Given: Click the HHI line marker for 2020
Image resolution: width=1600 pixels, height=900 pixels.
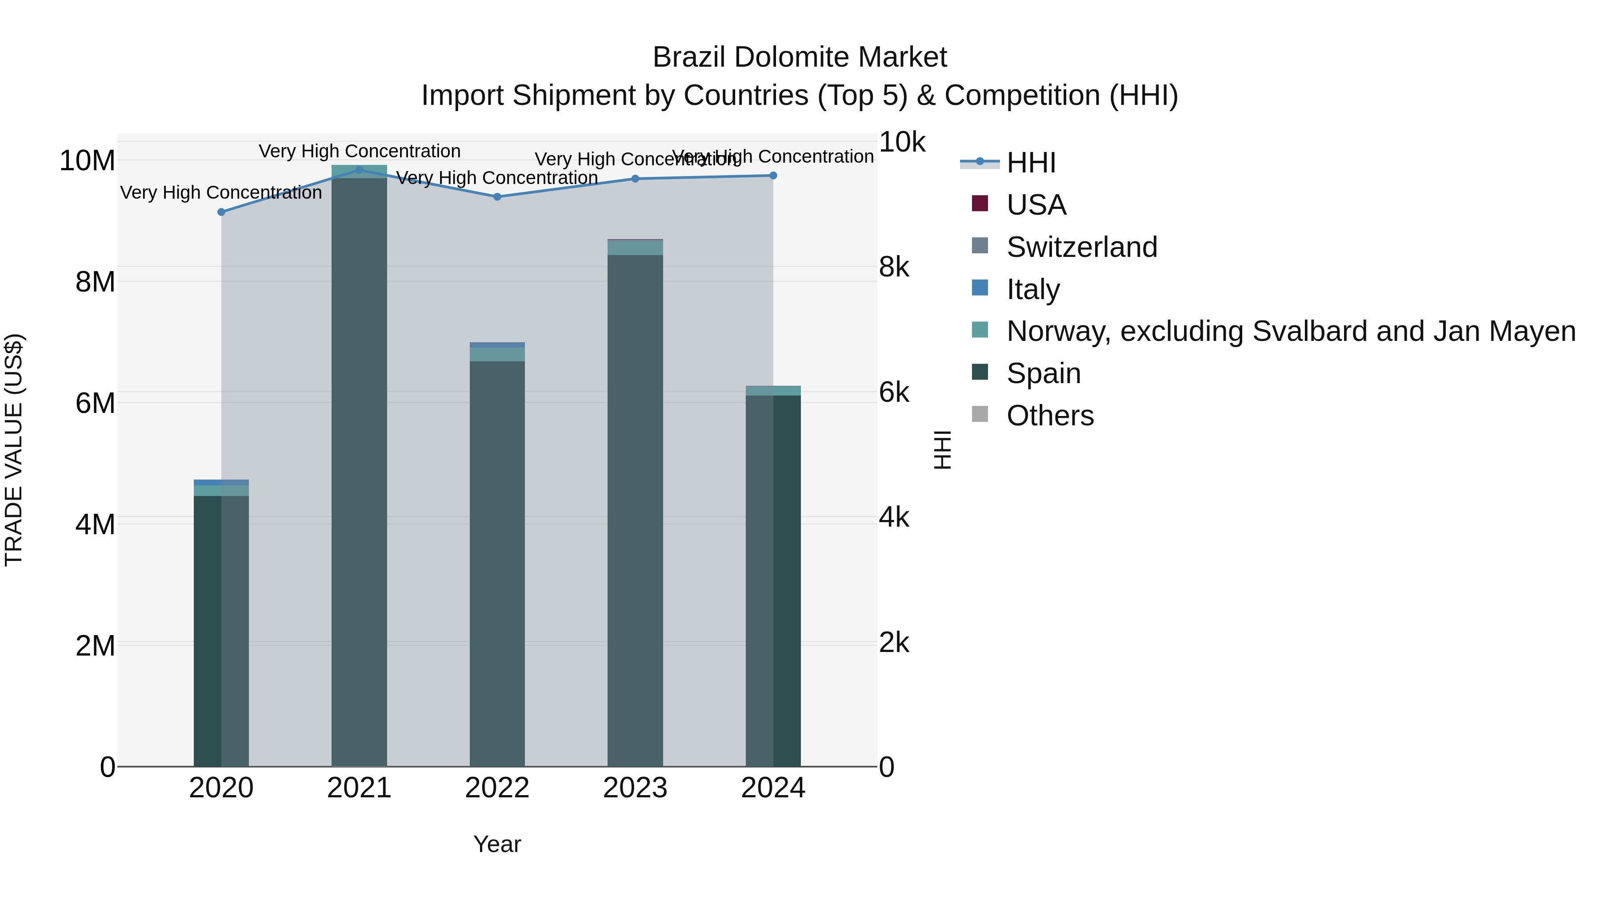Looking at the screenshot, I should click(x=221, y=212).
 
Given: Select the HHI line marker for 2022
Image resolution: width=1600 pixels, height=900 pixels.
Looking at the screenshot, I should click(x=497, y=197).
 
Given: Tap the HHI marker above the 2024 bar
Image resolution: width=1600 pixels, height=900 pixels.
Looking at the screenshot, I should click(x=773, y=176).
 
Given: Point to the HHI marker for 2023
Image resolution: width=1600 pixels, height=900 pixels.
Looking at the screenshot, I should click(x=635, y=179).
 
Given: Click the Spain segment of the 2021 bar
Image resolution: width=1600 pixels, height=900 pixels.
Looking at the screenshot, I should click(x=359, y=472).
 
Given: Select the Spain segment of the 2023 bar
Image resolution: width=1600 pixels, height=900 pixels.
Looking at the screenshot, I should click(x=635, y=509).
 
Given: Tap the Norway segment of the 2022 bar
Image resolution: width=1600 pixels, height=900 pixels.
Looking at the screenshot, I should click(x=497, y=354).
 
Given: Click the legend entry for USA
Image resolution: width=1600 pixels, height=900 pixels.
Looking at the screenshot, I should click(x=1036, y=205).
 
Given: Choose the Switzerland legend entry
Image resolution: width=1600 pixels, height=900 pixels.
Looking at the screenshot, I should click(x=1081, y=247).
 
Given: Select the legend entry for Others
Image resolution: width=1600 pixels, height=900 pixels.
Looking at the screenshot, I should click(x=1050, y=416).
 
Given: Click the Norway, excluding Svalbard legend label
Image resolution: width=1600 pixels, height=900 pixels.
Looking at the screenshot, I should click(x=1291, y=331).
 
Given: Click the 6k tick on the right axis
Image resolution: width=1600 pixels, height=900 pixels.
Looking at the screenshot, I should click(x=894, y=392).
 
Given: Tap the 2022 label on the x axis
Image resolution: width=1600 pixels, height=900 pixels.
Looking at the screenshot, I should click(x=497, y=788).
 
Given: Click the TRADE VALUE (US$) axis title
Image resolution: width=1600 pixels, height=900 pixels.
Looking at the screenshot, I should click(x=14, y=450).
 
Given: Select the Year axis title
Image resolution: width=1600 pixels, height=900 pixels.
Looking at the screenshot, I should click(x=497, y=844).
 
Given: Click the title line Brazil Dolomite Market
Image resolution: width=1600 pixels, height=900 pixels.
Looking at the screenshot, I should click(x=800, y=57).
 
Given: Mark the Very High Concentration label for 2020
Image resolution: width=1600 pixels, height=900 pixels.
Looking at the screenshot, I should click(x=221, y=192).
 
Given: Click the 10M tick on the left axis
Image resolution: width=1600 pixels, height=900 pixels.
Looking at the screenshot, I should click(x=87, y=161).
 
